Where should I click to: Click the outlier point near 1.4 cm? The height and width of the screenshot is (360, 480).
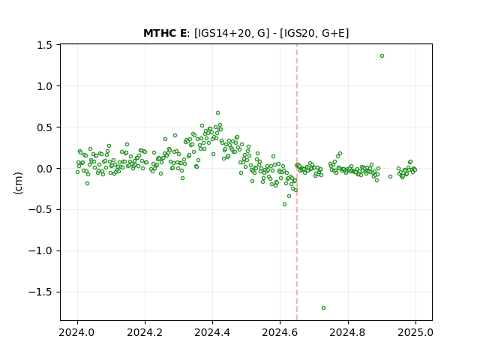click(382, 56)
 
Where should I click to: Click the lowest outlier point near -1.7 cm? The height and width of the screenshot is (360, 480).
click(323, 308)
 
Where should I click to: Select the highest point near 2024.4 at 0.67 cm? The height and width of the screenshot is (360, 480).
click(217, 113)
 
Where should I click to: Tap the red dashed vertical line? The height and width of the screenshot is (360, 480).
click(297, 182)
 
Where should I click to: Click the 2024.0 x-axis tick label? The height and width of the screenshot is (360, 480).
click(77, 332)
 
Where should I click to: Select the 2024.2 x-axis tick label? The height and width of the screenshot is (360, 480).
click(145, 332)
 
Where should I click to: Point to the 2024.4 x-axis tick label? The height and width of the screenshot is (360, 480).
click(212, 332)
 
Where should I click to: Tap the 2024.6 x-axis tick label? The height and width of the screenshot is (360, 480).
click(280, 332)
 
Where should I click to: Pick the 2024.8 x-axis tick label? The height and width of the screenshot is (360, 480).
click(348, 332)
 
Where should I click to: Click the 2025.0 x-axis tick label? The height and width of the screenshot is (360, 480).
click(415, 332)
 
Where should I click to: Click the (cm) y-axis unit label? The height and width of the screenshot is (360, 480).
click(18, 183)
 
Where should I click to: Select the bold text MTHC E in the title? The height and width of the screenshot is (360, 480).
click(165, 33)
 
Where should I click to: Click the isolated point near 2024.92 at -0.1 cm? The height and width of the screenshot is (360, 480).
click(390, 177)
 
